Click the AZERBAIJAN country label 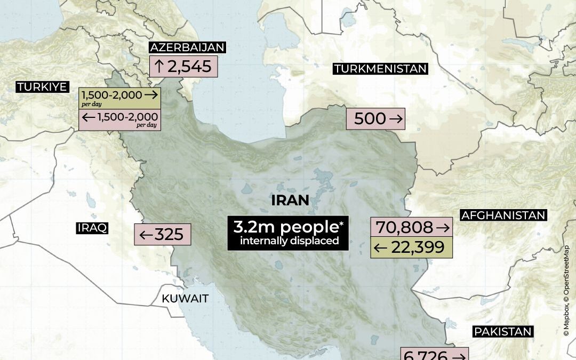[x=187, y=47]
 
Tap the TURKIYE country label [x=43, y=87]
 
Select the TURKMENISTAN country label [x=380, y=68]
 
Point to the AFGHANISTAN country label [x=503, y=215]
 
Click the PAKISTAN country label [x=503, y=332]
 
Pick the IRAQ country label [x=92, y=228]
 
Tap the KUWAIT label [x=185, y=299]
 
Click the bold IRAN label [x=290, y=201]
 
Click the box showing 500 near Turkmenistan [x=375, y=119]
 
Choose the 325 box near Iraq [x=162, y=234]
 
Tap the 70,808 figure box [x=412, y=227]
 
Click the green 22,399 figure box [x=412, y=247]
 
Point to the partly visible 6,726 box [x=435, y=354]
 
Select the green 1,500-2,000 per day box [x=120, y=98]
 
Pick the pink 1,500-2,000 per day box [x=120, y=119]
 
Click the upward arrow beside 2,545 [x=158, y=67]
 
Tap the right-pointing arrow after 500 [x=396, y=119]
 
